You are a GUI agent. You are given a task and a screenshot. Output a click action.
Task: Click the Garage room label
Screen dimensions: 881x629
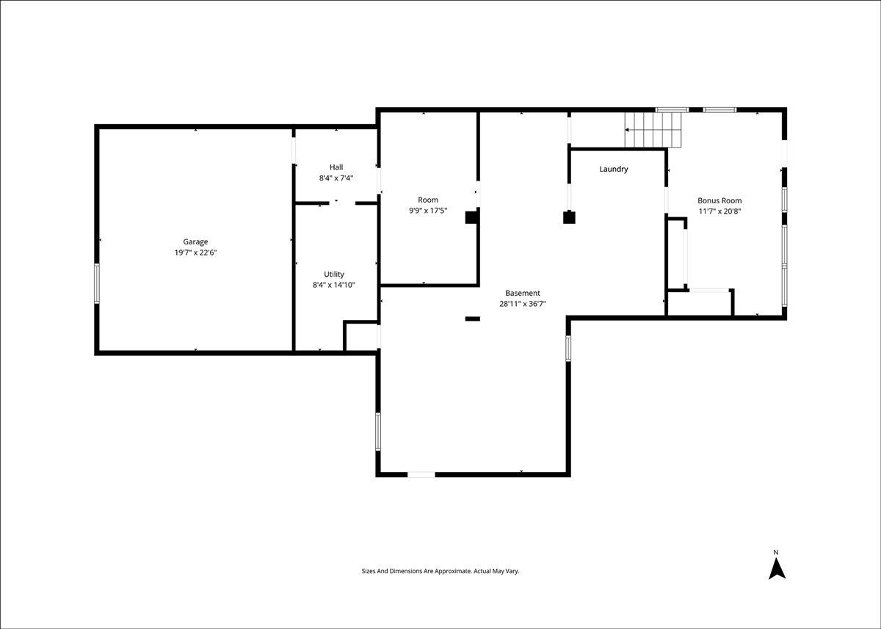[195, 241]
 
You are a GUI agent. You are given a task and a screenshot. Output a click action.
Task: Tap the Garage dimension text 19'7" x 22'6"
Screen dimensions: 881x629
[195, 252]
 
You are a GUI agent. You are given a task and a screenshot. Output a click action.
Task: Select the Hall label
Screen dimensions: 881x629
[336, 167]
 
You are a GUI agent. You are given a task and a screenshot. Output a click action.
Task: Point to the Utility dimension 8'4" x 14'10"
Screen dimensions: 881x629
[334, 285]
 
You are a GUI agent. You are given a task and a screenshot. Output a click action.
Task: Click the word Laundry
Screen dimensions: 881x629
[614, 169]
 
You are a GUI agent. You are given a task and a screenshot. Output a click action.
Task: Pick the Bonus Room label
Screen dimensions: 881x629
[719, 200]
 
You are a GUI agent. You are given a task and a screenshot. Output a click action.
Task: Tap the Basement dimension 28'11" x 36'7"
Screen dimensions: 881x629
[523, 304]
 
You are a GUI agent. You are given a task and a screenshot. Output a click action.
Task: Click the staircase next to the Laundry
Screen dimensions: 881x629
[653, 130]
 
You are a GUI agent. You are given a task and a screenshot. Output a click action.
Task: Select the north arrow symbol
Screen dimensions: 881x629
[777, 570]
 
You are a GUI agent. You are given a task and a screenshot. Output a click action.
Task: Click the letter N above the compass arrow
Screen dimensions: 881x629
[776, 553]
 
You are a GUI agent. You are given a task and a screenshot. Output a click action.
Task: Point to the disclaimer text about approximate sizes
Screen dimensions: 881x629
[440, 571]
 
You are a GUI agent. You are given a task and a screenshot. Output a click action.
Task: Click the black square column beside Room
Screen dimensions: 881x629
[471, 217]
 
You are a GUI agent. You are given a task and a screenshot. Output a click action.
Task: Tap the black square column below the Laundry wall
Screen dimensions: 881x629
[569, 217]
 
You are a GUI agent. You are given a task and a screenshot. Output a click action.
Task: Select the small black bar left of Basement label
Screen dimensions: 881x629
[472, 319]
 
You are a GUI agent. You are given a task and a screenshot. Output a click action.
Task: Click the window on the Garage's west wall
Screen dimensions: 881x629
[97, 283]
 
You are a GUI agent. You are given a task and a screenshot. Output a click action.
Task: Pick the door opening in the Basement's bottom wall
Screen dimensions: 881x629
[421, 474]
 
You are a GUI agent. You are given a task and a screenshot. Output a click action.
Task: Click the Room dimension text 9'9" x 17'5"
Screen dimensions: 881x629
[428, 211]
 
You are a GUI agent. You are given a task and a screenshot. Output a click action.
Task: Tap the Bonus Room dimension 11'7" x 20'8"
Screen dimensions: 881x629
[719, 211]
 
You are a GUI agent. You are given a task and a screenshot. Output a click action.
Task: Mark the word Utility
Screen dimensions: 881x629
[334, 274]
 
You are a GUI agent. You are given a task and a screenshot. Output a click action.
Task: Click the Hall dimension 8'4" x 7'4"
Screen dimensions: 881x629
[336, 178]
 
